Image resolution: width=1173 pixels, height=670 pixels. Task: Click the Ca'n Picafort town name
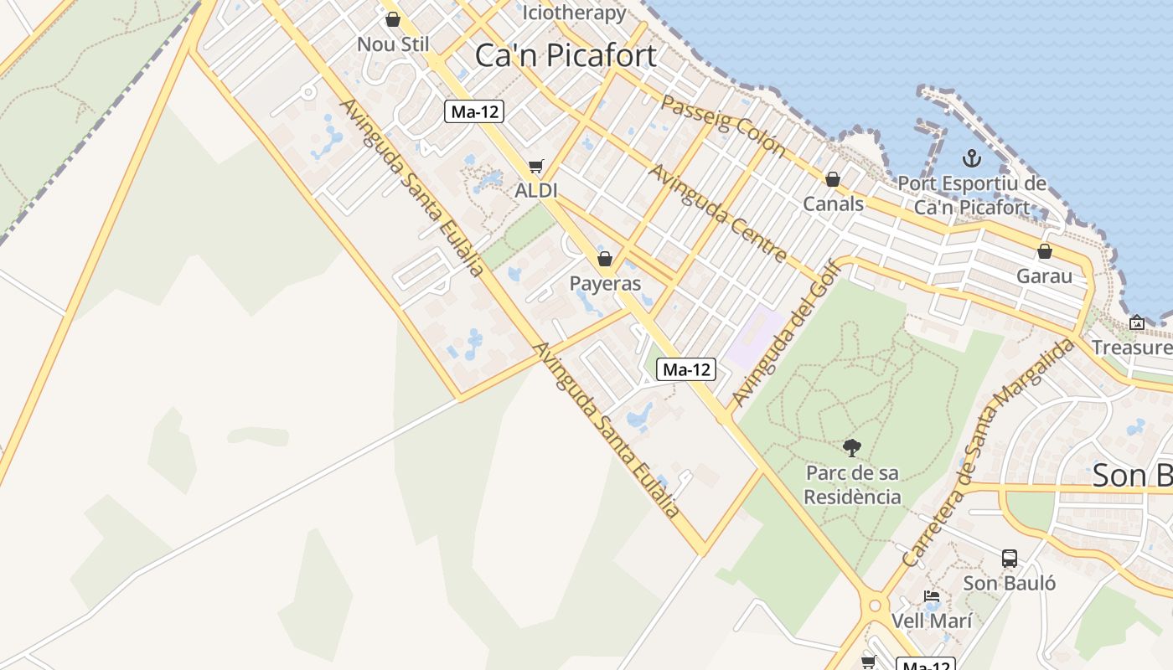point(566,55)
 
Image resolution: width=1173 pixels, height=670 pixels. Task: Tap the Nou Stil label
point(393,44)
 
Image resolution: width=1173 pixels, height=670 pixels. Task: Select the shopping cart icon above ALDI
point(536,167)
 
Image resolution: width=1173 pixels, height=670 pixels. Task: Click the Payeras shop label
point(605,283)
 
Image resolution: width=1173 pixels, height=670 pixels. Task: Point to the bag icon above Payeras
point(605,259)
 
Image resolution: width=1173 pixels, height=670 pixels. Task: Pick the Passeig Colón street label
point(723,126)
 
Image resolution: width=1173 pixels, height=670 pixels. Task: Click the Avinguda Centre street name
point(718,213)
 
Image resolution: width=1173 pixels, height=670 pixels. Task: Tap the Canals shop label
point(833,204)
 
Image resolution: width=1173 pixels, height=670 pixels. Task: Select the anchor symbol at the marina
point(972,157)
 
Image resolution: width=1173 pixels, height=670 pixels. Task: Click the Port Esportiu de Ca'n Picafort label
point(972,195)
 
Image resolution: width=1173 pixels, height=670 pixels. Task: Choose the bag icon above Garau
point(1045,251)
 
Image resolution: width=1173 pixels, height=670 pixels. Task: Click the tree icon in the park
point(852,448)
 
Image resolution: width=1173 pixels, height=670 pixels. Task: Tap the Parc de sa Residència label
point(852,485)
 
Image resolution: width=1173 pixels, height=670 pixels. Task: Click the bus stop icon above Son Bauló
point(1010,559)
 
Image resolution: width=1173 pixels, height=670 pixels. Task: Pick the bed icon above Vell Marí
point(931,597)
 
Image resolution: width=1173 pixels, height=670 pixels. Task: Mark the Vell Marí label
point(932,621)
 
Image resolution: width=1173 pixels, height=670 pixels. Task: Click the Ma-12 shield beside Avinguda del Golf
point(686,369)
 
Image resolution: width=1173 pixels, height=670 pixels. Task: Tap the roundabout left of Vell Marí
point(876,605)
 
